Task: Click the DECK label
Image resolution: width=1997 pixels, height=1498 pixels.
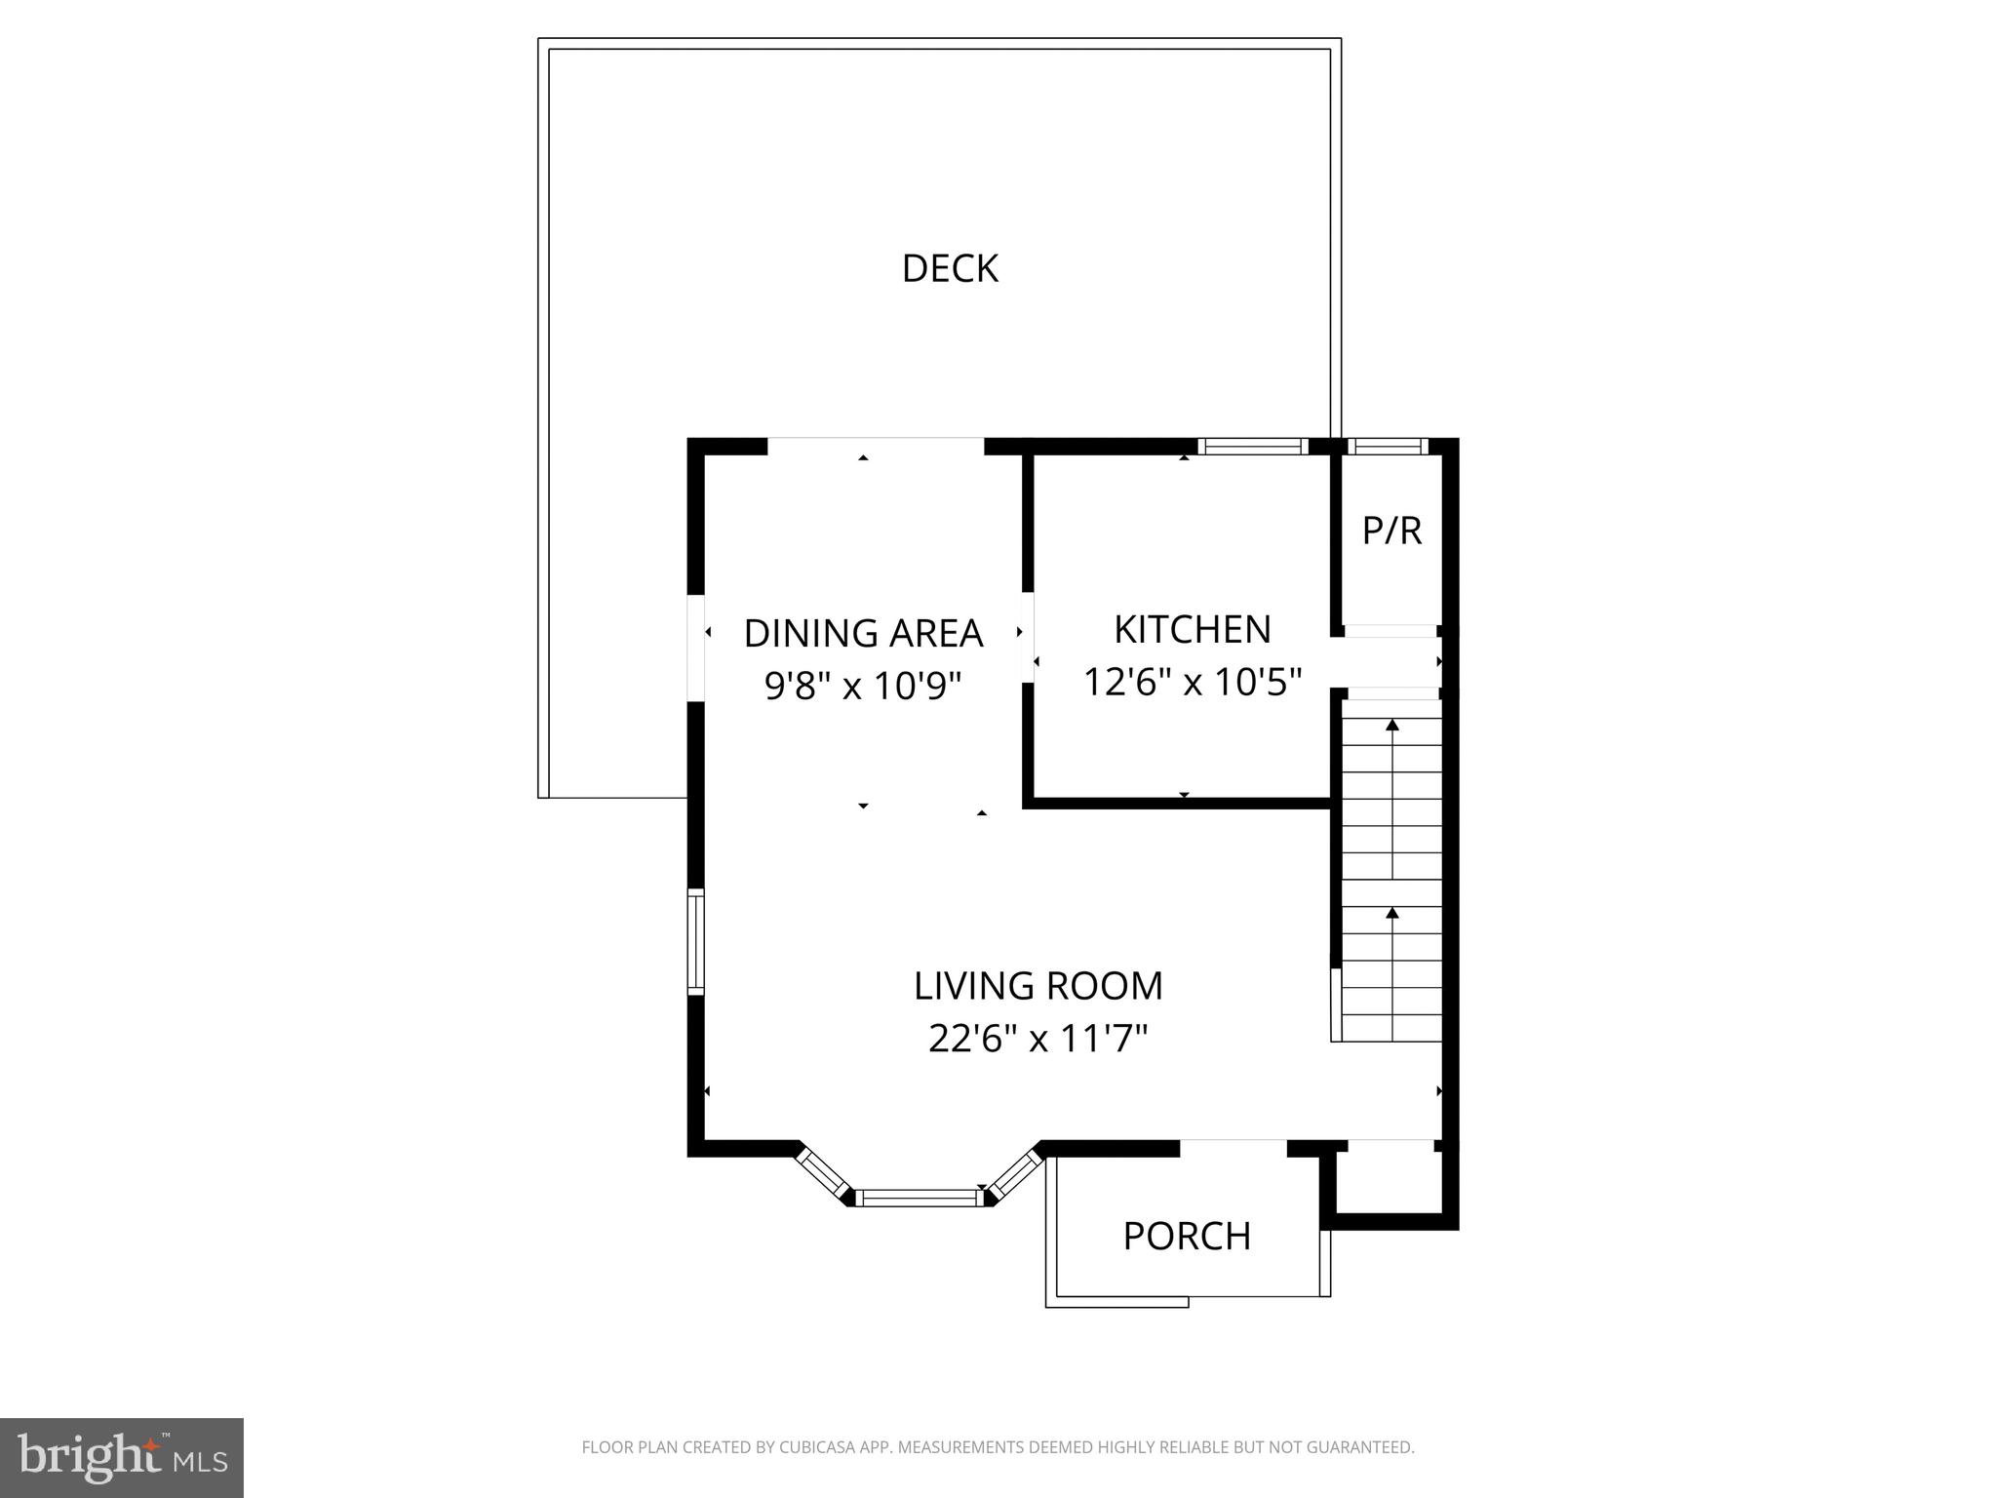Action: [950, 269]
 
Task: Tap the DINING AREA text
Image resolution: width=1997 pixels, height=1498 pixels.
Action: [863, 634]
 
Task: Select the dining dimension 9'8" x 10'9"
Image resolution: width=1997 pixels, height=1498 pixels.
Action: [863, 686]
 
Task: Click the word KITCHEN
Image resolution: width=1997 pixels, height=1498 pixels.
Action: [1192, 630]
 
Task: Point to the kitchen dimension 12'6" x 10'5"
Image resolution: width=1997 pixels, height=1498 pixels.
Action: [1192, 682]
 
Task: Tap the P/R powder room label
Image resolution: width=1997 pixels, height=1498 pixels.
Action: [1391, 531]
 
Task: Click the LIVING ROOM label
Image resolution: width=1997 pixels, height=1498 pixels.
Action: [1038, 986]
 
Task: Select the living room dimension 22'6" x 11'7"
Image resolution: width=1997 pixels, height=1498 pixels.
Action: [1038, 1039]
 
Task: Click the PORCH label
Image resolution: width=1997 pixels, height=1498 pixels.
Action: [1187, 1237]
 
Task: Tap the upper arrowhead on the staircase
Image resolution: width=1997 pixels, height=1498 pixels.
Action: [1392, 725]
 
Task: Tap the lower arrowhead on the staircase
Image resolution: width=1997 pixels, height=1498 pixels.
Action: [1392, 913]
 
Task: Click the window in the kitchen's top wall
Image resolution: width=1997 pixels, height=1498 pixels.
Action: [1252, 447]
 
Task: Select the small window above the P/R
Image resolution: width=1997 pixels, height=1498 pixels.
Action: [1387, 447]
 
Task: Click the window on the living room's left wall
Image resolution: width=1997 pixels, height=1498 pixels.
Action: [696, 942]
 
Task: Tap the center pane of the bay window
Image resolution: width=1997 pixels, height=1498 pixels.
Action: [920, 1198]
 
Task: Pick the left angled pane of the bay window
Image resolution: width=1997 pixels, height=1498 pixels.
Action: [822, 1172]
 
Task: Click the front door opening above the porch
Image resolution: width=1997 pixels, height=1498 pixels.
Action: [1233, 1147]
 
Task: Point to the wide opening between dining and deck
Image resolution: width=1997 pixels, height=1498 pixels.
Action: [876, 447]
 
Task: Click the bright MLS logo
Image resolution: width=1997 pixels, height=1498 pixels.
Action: [121, 1457]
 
